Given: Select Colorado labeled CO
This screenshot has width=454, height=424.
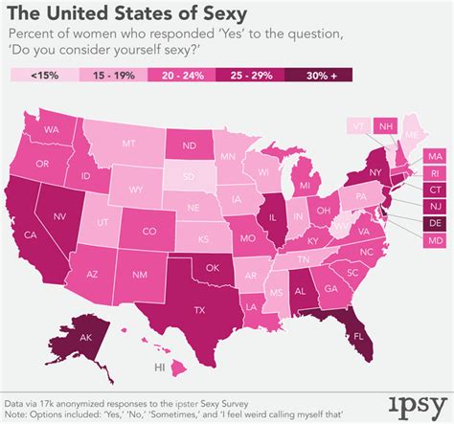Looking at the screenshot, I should tap(149, 231).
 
